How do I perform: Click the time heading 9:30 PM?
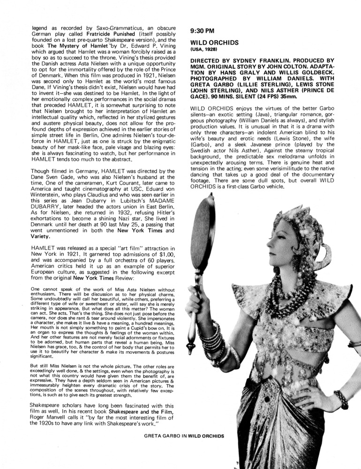[x=202, y=31]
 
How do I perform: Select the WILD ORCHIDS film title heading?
[x=215, y=42]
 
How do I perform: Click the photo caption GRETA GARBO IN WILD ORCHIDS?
[x=185, y=435]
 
